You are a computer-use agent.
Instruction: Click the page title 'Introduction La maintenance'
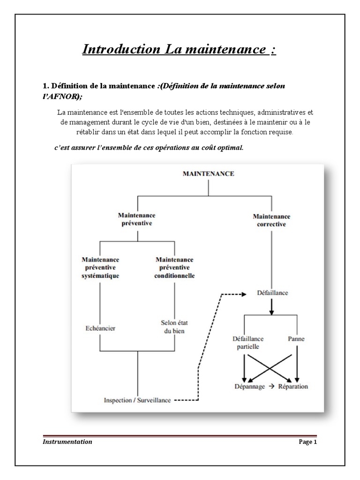pyautogui.click(x=179, y=49)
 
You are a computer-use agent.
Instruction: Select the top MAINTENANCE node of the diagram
pyautogui.click(x=208, y=173)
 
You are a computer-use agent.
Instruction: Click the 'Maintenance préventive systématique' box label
pyautogui.click(x=100, y=267)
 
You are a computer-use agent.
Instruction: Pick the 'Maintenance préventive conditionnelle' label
pyautogui.click(x=174, y=267)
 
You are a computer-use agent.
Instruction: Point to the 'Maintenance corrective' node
pyautogui.click(x=271, y=220)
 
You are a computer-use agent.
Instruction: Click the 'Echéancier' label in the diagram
pyautogui.click(x=100, y=328)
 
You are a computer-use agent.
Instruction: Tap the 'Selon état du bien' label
pyautogui.click(x=174, y=327)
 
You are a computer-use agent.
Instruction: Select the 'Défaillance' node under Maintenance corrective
pyautogui.click(x=272, y=293)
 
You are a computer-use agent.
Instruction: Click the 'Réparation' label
pyautogui.click(x=292, y=386)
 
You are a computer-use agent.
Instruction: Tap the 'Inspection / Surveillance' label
pyautogui.click(x=137, y=400)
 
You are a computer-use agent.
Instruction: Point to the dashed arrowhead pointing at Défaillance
pyautogui.click(x=243, y=294)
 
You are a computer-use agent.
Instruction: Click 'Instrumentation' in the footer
pyautogui.click(x=67, y=442)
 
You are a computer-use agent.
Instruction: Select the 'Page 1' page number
pyautogui.click(x=308, y=442)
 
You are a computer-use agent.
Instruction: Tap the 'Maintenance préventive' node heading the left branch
pyautogui.click(x=137, y=219)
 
